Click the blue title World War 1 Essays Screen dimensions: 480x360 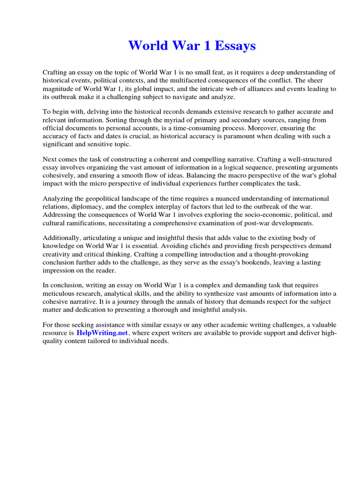pyautogui.click(x=192, y=46)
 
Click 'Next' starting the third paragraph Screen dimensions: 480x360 pyautogui.click(x=50, y=159)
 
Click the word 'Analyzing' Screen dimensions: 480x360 pyautogui.click(x=59, y=198)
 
